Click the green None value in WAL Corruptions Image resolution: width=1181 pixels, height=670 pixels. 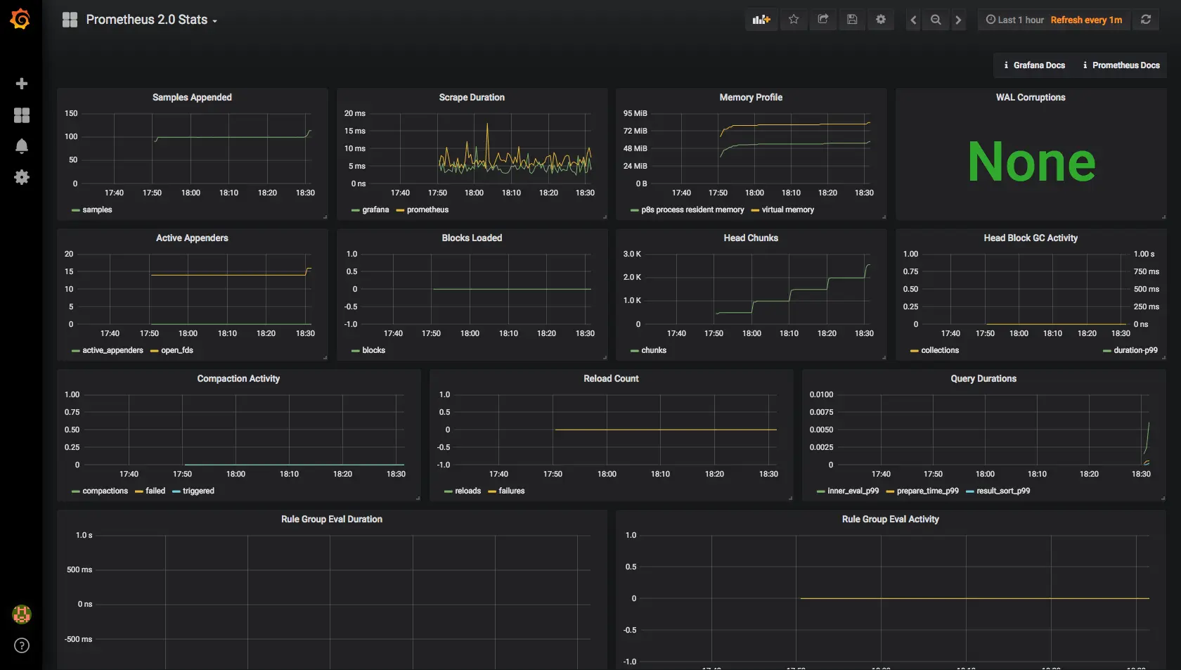(1031, 162)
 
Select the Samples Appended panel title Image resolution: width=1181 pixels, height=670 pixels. (192, 98)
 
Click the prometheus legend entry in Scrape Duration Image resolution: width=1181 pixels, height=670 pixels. (427, 210)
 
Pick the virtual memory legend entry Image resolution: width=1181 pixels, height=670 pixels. (787, 210)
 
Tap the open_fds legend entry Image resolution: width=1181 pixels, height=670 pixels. (176, 350)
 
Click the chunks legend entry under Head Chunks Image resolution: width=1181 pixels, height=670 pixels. (653, 350)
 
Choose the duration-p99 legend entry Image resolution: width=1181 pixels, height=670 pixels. (1135, 350)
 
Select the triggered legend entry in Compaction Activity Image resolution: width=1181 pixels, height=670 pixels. (198, 491)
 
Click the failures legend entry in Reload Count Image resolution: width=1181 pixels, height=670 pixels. (511, 491)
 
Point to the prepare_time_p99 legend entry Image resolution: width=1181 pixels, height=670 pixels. (927, 491)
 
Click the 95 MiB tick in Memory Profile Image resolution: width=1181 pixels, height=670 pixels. (635, 113)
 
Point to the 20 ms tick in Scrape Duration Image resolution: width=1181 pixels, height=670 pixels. (354, 113)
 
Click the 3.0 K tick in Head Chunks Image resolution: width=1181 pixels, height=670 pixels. (632, 254)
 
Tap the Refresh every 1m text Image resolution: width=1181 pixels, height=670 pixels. (1086, 20)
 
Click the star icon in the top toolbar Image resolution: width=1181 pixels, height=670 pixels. (794, 20)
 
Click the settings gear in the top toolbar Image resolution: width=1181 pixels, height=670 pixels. (881, 20)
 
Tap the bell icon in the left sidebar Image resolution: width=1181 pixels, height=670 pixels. (22, 146)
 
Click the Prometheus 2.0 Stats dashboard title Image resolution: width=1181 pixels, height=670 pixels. (146, 20)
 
